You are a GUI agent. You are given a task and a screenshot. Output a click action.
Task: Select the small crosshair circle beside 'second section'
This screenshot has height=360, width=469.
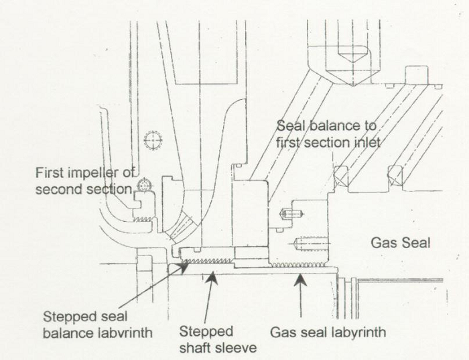coord(143,184)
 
